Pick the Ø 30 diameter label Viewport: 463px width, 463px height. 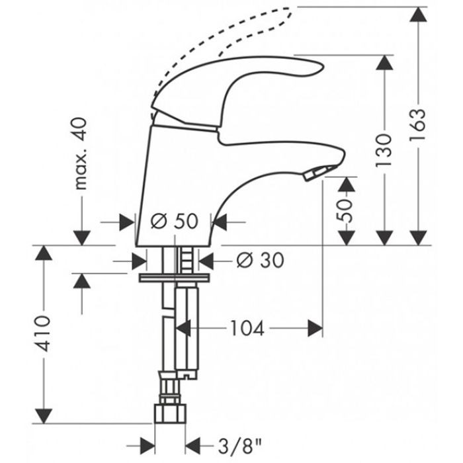[259, 261]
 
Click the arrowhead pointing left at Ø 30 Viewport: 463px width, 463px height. [205, 261]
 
